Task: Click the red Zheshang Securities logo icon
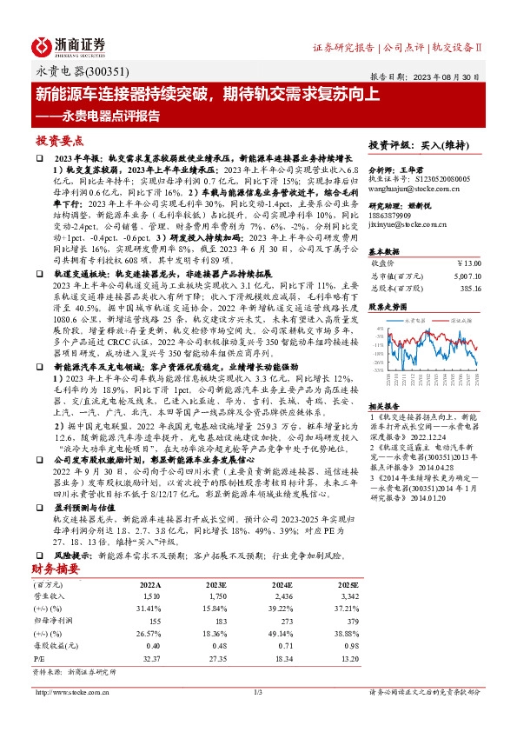point(46,44)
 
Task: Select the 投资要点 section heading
point(59,139)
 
